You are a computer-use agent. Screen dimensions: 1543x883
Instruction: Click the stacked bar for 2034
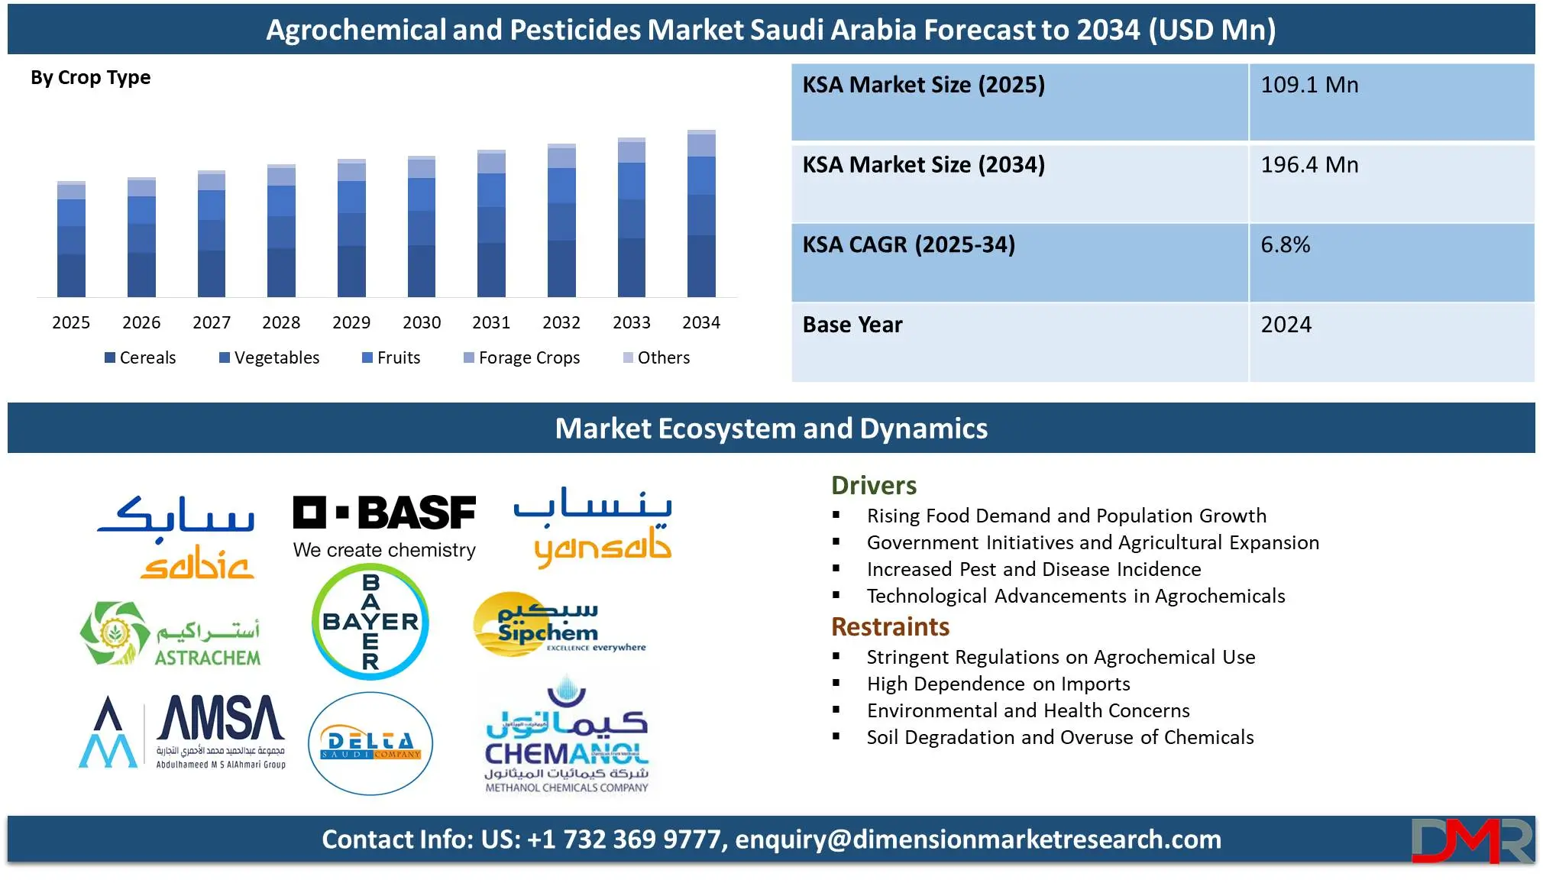(x=701, y=213)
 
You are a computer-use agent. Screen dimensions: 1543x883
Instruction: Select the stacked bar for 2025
(x=71, y=239)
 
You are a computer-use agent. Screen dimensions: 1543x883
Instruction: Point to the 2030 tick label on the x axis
(x=422, y=322)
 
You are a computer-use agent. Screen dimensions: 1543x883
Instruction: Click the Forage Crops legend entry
(x=522, y=357)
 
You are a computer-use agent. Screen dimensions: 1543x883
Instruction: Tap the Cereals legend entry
(x=140, y=357)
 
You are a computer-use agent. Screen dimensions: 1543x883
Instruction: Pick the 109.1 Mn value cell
(x=1391, y=102)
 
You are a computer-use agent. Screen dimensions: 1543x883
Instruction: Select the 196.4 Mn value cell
(x=1391, y=183)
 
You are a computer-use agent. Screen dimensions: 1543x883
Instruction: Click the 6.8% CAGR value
(x=1285, y=244)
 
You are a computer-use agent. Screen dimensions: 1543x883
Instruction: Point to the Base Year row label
(x=852, y=325)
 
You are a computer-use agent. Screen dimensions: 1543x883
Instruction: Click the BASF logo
(x=384, y=526)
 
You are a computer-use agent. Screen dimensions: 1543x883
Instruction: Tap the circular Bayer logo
(x=370, y=622)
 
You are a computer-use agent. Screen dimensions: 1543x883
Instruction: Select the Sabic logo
(x=176, y=536)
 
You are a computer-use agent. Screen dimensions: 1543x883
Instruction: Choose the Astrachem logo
(x=170, y=633)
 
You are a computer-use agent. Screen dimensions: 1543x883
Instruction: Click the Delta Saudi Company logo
(x=370, y=743)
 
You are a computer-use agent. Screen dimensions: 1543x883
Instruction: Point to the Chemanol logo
(x=567, y=733)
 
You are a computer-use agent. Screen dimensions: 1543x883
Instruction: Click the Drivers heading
(x=874, y=486)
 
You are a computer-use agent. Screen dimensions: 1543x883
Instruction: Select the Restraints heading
(x=890, y=627)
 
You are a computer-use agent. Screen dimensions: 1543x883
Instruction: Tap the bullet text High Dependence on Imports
(x=998, y=684)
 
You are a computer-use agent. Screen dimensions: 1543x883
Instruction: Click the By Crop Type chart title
(x=90, y=78)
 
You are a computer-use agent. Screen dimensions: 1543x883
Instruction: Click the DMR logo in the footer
(x=1472, y=840)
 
